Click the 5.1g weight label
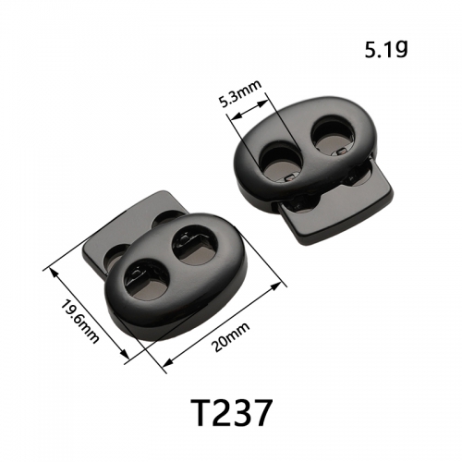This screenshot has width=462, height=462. coord(386,50)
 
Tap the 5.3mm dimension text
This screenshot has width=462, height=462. coord(240,94)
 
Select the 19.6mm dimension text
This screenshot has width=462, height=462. coord(79,321)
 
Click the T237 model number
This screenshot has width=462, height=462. coord(231,412)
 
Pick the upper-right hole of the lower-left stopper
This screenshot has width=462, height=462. coord(196,244)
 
